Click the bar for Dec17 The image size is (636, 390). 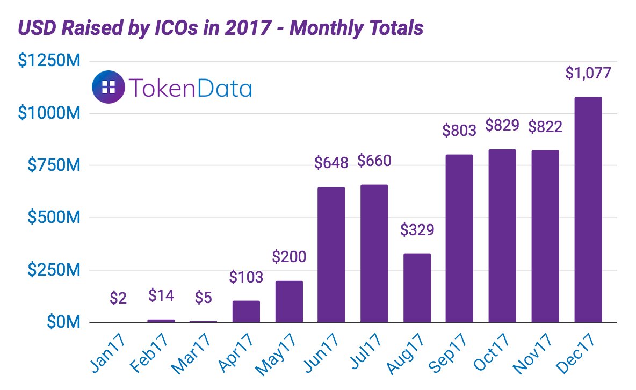pyautogui.click(x=588, y=210)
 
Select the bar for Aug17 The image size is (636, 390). pyautogui.click(x=417, y=288)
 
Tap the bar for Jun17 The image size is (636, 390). pyautogui.click(x=331, y=255)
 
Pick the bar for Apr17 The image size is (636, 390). pyautogui.click(x=246, y=312)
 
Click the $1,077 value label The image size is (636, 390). pyautogui.click(x=588, y=73)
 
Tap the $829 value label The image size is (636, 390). pyautogui.click(x=502, y=126)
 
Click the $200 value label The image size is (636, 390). pyautogui.click(x=289, y=257)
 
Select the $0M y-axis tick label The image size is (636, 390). pyautogui.click(x=62, y=323)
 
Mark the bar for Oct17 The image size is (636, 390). pyautogui.click(x=502, y=236)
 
